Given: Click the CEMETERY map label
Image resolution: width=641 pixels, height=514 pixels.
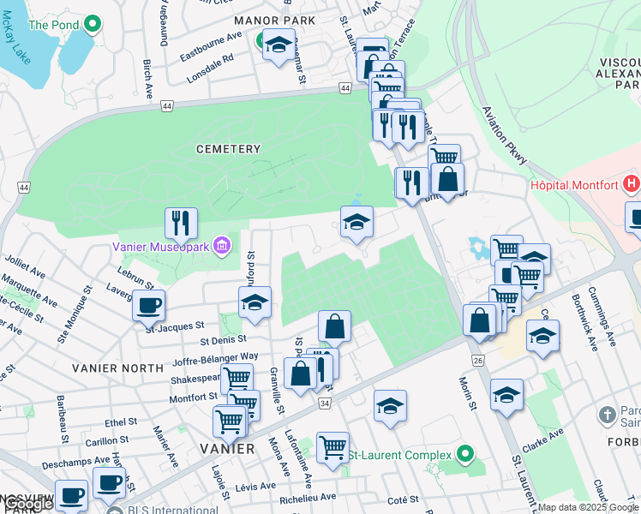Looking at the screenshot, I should pyautogui.click(x=228, y=149).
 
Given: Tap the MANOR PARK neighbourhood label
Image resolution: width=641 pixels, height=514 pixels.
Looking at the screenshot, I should pyautogui.click(x=276, y=20).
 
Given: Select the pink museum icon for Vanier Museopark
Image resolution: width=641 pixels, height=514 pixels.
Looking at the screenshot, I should pyautogui.click(x=222, y=248).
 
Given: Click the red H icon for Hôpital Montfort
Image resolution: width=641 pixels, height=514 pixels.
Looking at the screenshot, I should pyautogui.click(x=632, y=183).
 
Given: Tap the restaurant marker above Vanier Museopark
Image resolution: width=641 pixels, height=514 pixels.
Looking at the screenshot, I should pyautogui.click(x=181, y=223).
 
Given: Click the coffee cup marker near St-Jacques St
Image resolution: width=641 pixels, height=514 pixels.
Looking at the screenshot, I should pyautogui.click(x=148, y=304).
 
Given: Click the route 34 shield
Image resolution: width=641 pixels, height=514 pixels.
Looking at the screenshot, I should pyautogui.click(x=324, y=403).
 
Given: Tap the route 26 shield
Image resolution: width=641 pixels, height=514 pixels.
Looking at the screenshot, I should pyautogui.click(x=477, y=361).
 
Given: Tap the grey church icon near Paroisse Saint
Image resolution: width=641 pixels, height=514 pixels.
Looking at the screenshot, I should pyautogui.click(x=608, y=415).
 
